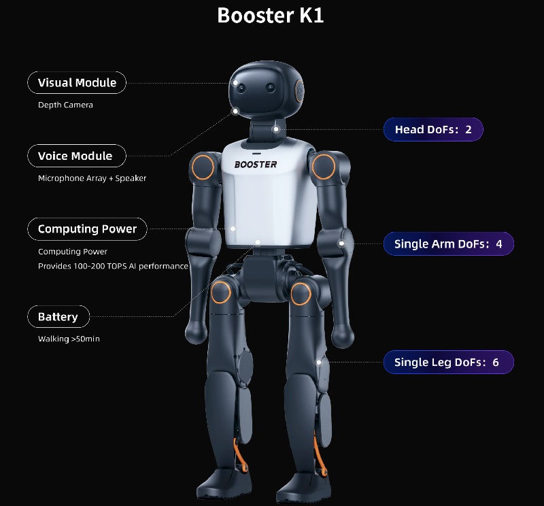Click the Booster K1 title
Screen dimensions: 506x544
271,15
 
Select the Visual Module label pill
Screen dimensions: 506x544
77,83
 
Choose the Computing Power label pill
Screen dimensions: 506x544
87,229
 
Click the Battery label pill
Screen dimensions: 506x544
58,317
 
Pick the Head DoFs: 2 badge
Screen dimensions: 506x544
433,129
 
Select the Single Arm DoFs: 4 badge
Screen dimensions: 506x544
448,243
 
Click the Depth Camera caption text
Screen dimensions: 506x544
65,105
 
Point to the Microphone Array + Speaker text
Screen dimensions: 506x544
92,178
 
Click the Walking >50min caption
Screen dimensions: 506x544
69,339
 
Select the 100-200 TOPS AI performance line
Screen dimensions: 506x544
113,266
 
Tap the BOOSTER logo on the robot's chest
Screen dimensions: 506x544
256,164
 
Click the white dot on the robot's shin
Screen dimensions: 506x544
319,362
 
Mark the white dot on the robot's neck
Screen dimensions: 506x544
276,129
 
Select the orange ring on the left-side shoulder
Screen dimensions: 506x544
202,165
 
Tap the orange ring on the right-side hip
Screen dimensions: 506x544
300,293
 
